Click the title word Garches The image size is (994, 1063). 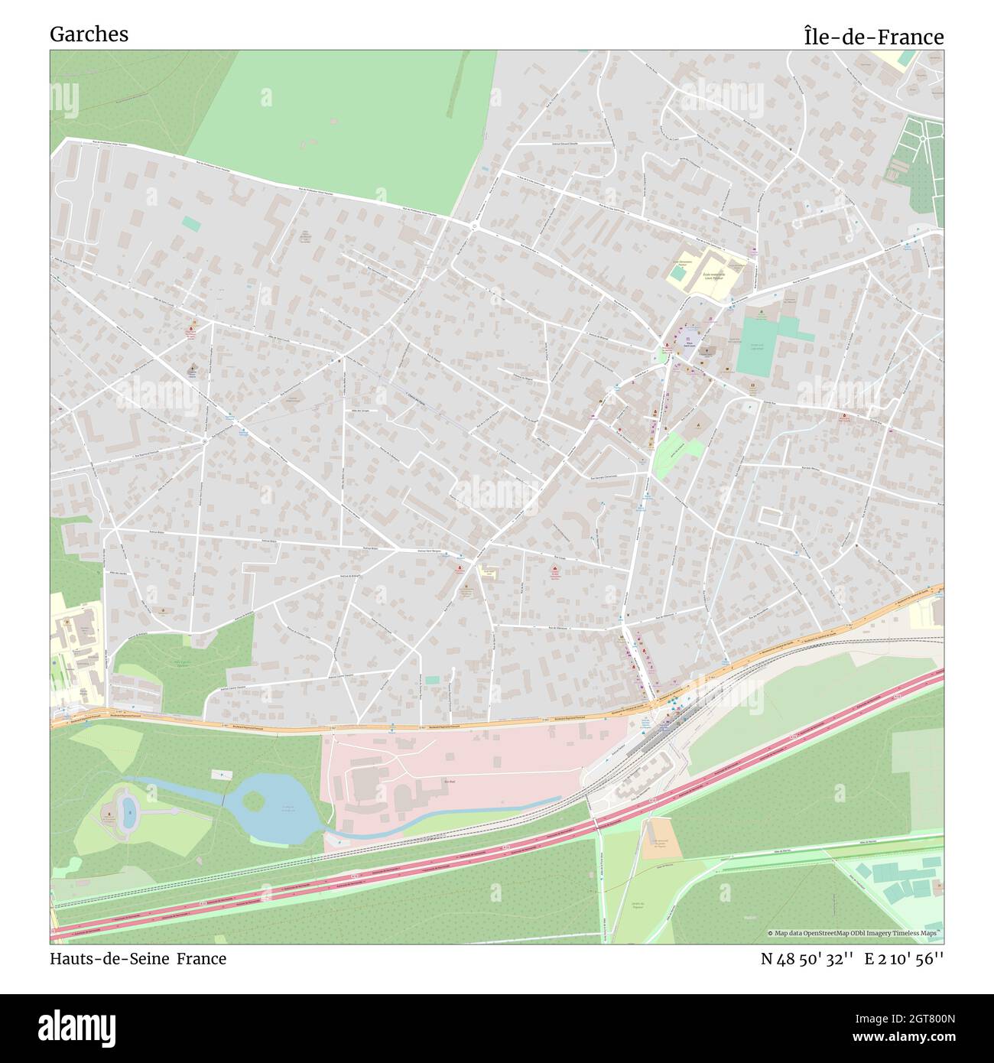(x=89, y=34)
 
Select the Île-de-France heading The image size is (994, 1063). (x=873, y=37)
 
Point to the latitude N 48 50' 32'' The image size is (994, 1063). (x=807, y=959)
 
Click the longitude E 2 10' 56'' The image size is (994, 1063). (x=905, y=959)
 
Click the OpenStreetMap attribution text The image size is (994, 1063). (x=855, y=933)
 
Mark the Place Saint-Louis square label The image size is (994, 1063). (x=689, y=343)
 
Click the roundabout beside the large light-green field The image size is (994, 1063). (x=475, y=226)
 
